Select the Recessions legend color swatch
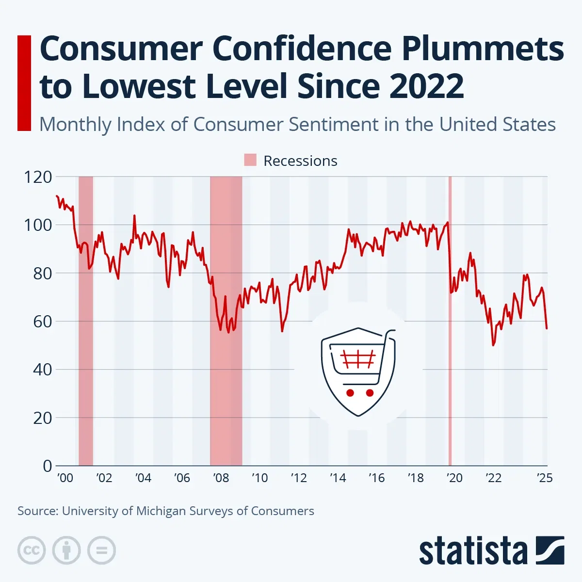[x=250, y=161]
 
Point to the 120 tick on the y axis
[x=38, y=177]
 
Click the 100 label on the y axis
[x=38, y=225]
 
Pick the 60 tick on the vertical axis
[x=42, y=321]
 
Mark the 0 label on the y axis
[x=47, y=466]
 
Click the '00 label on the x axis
[x=65, y=478]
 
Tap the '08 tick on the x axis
[x=221, y=478]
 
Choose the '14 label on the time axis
[x=338, y=478]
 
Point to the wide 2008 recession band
[x=226, y=388]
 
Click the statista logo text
[x=473, y=552]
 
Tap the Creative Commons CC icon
[x=32, y=550]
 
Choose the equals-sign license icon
[x=101, y=550]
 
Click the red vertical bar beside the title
[x=24, y=83]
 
